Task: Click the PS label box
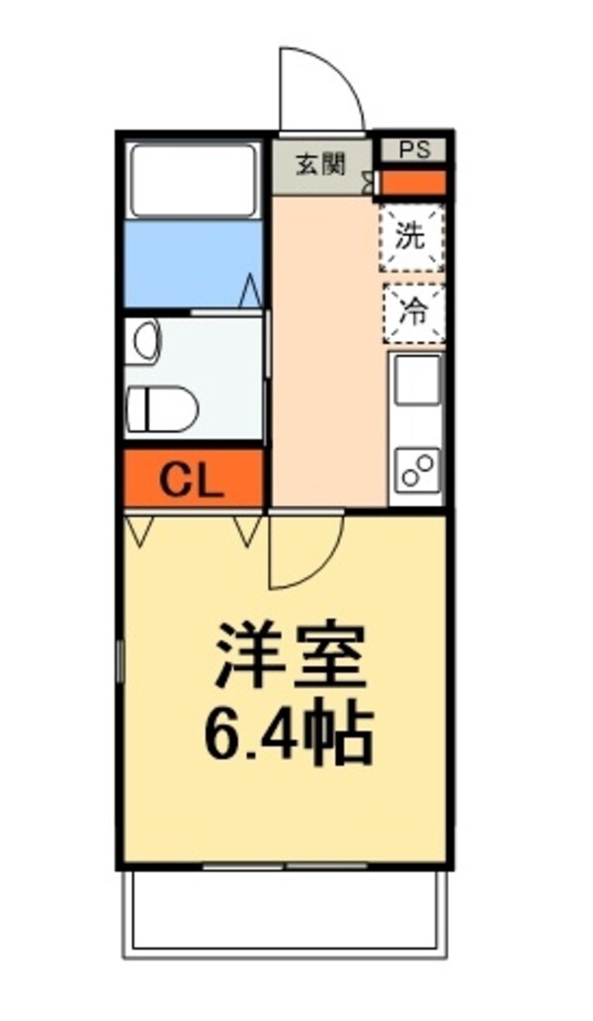point(414,150)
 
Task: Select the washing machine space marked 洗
point(412,237)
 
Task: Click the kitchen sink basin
point(417,381)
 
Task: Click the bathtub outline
point(193,180)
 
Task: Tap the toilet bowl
point(163,409)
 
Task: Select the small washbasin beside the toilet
point(146,340)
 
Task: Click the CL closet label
point(192,480)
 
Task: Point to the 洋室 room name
point(291,655)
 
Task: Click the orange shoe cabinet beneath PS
point(413,183)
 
